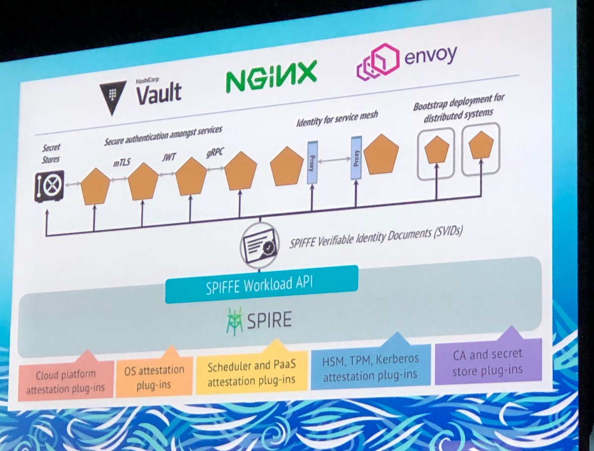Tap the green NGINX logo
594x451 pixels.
click(271, 77)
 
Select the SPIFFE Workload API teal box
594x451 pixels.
click(261, 280)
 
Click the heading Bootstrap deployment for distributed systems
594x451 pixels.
click(459, 104)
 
